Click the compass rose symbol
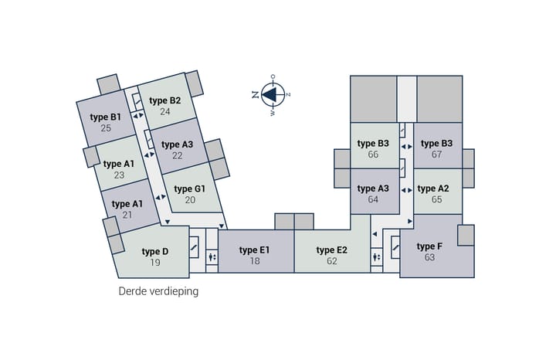[273, 95]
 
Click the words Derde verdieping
[158, 291]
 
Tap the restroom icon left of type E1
[212, 256]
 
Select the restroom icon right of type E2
[377, 256]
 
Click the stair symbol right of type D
[194, 246]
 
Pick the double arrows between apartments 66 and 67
[407, 147]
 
